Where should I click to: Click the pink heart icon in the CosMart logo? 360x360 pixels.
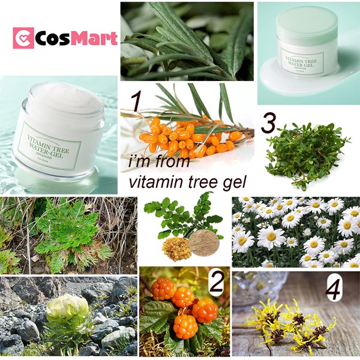coord(23,37)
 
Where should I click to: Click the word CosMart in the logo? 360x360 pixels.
coord(75,37)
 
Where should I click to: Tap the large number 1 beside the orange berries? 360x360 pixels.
coord(137,102)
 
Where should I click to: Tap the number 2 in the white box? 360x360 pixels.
coord(217,283)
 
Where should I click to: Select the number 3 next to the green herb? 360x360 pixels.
coord(269,123)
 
